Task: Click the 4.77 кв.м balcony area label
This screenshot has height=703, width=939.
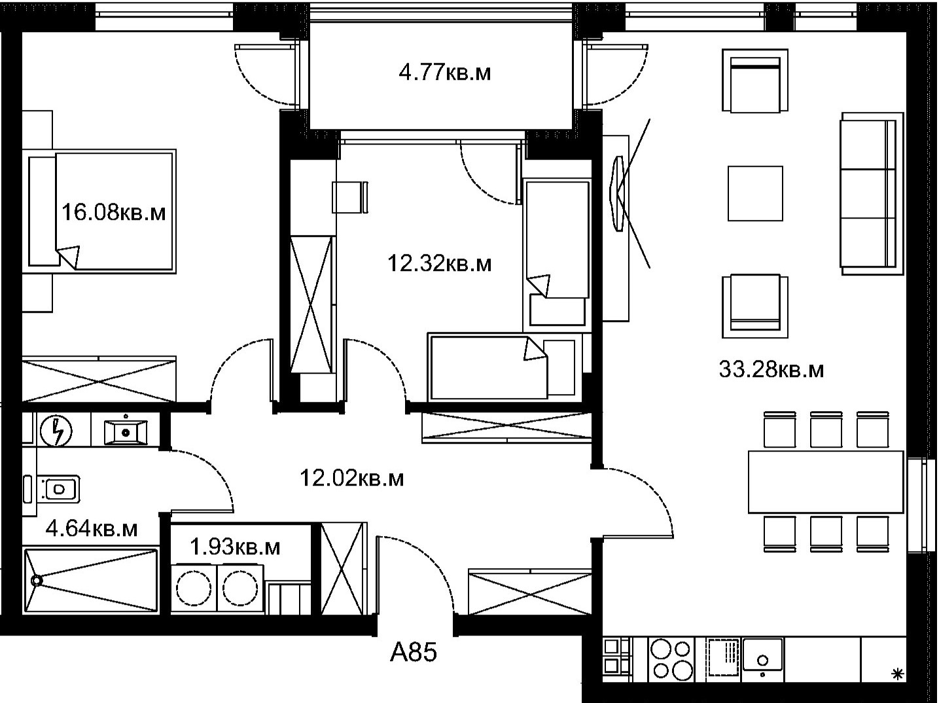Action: coord(444,73)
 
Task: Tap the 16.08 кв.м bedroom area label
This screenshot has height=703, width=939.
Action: coord(113,212)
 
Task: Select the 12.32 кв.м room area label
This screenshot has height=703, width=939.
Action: coord(439,264)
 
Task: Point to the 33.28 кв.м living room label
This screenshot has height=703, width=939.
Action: coord(771,369)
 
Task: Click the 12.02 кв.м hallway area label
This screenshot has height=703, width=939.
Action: coord(351,478)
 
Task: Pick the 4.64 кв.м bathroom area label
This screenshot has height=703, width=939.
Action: coord(91,529)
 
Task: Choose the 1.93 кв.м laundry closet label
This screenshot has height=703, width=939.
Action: coord(235,547)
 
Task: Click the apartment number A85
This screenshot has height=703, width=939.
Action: coord(414,653)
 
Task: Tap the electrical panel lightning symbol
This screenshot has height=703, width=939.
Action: coord(56,431)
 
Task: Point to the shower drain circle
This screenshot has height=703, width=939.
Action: coord(37,581)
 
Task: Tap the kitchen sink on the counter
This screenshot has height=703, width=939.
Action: coord(762,655)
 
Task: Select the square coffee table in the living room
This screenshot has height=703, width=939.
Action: coord(756,193)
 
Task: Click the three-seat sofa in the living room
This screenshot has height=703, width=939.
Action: coord(872,193)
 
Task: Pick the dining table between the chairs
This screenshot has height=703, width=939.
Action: coord(826,482)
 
